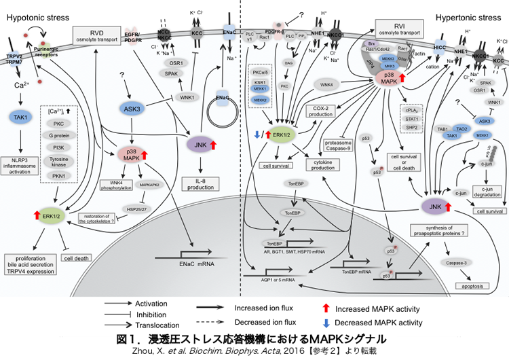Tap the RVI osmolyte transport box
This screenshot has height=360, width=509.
[x=399, y=30]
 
